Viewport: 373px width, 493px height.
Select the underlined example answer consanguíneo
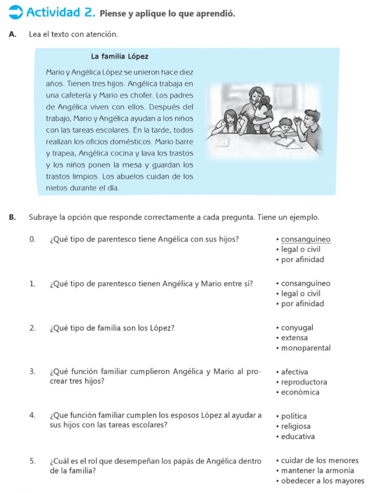(306, 239)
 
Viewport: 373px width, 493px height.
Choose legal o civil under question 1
(301, 294)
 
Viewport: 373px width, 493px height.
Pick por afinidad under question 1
(303, 304)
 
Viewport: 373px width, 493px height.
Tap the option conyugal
(297, 328)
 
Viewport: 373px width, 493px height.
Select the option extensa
(294, 338)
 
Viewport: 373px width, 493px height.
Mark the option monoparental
(306, 348)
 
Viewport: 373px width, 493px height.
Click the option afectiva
(294, 372)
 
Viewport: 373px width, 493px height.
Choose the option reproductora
(304, 382)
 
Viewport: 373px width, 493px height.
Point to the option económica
(300, 392)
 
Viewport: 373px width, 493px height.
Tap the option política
(293, 416)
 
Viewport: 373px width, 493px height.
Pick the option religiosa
(296, 427)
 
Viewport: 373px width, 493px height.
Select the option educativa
(298, 437)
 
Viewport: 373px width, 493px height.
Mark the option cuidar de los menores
(320, 461)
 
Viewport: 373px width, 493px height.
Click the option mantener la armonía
(318, 471)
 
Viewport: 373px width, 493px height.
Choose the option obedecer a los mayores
(323, 481)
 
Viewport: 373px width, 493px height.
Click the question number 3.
(32, 372)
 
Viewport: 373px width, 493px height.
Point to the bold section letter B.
(12, 217)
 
